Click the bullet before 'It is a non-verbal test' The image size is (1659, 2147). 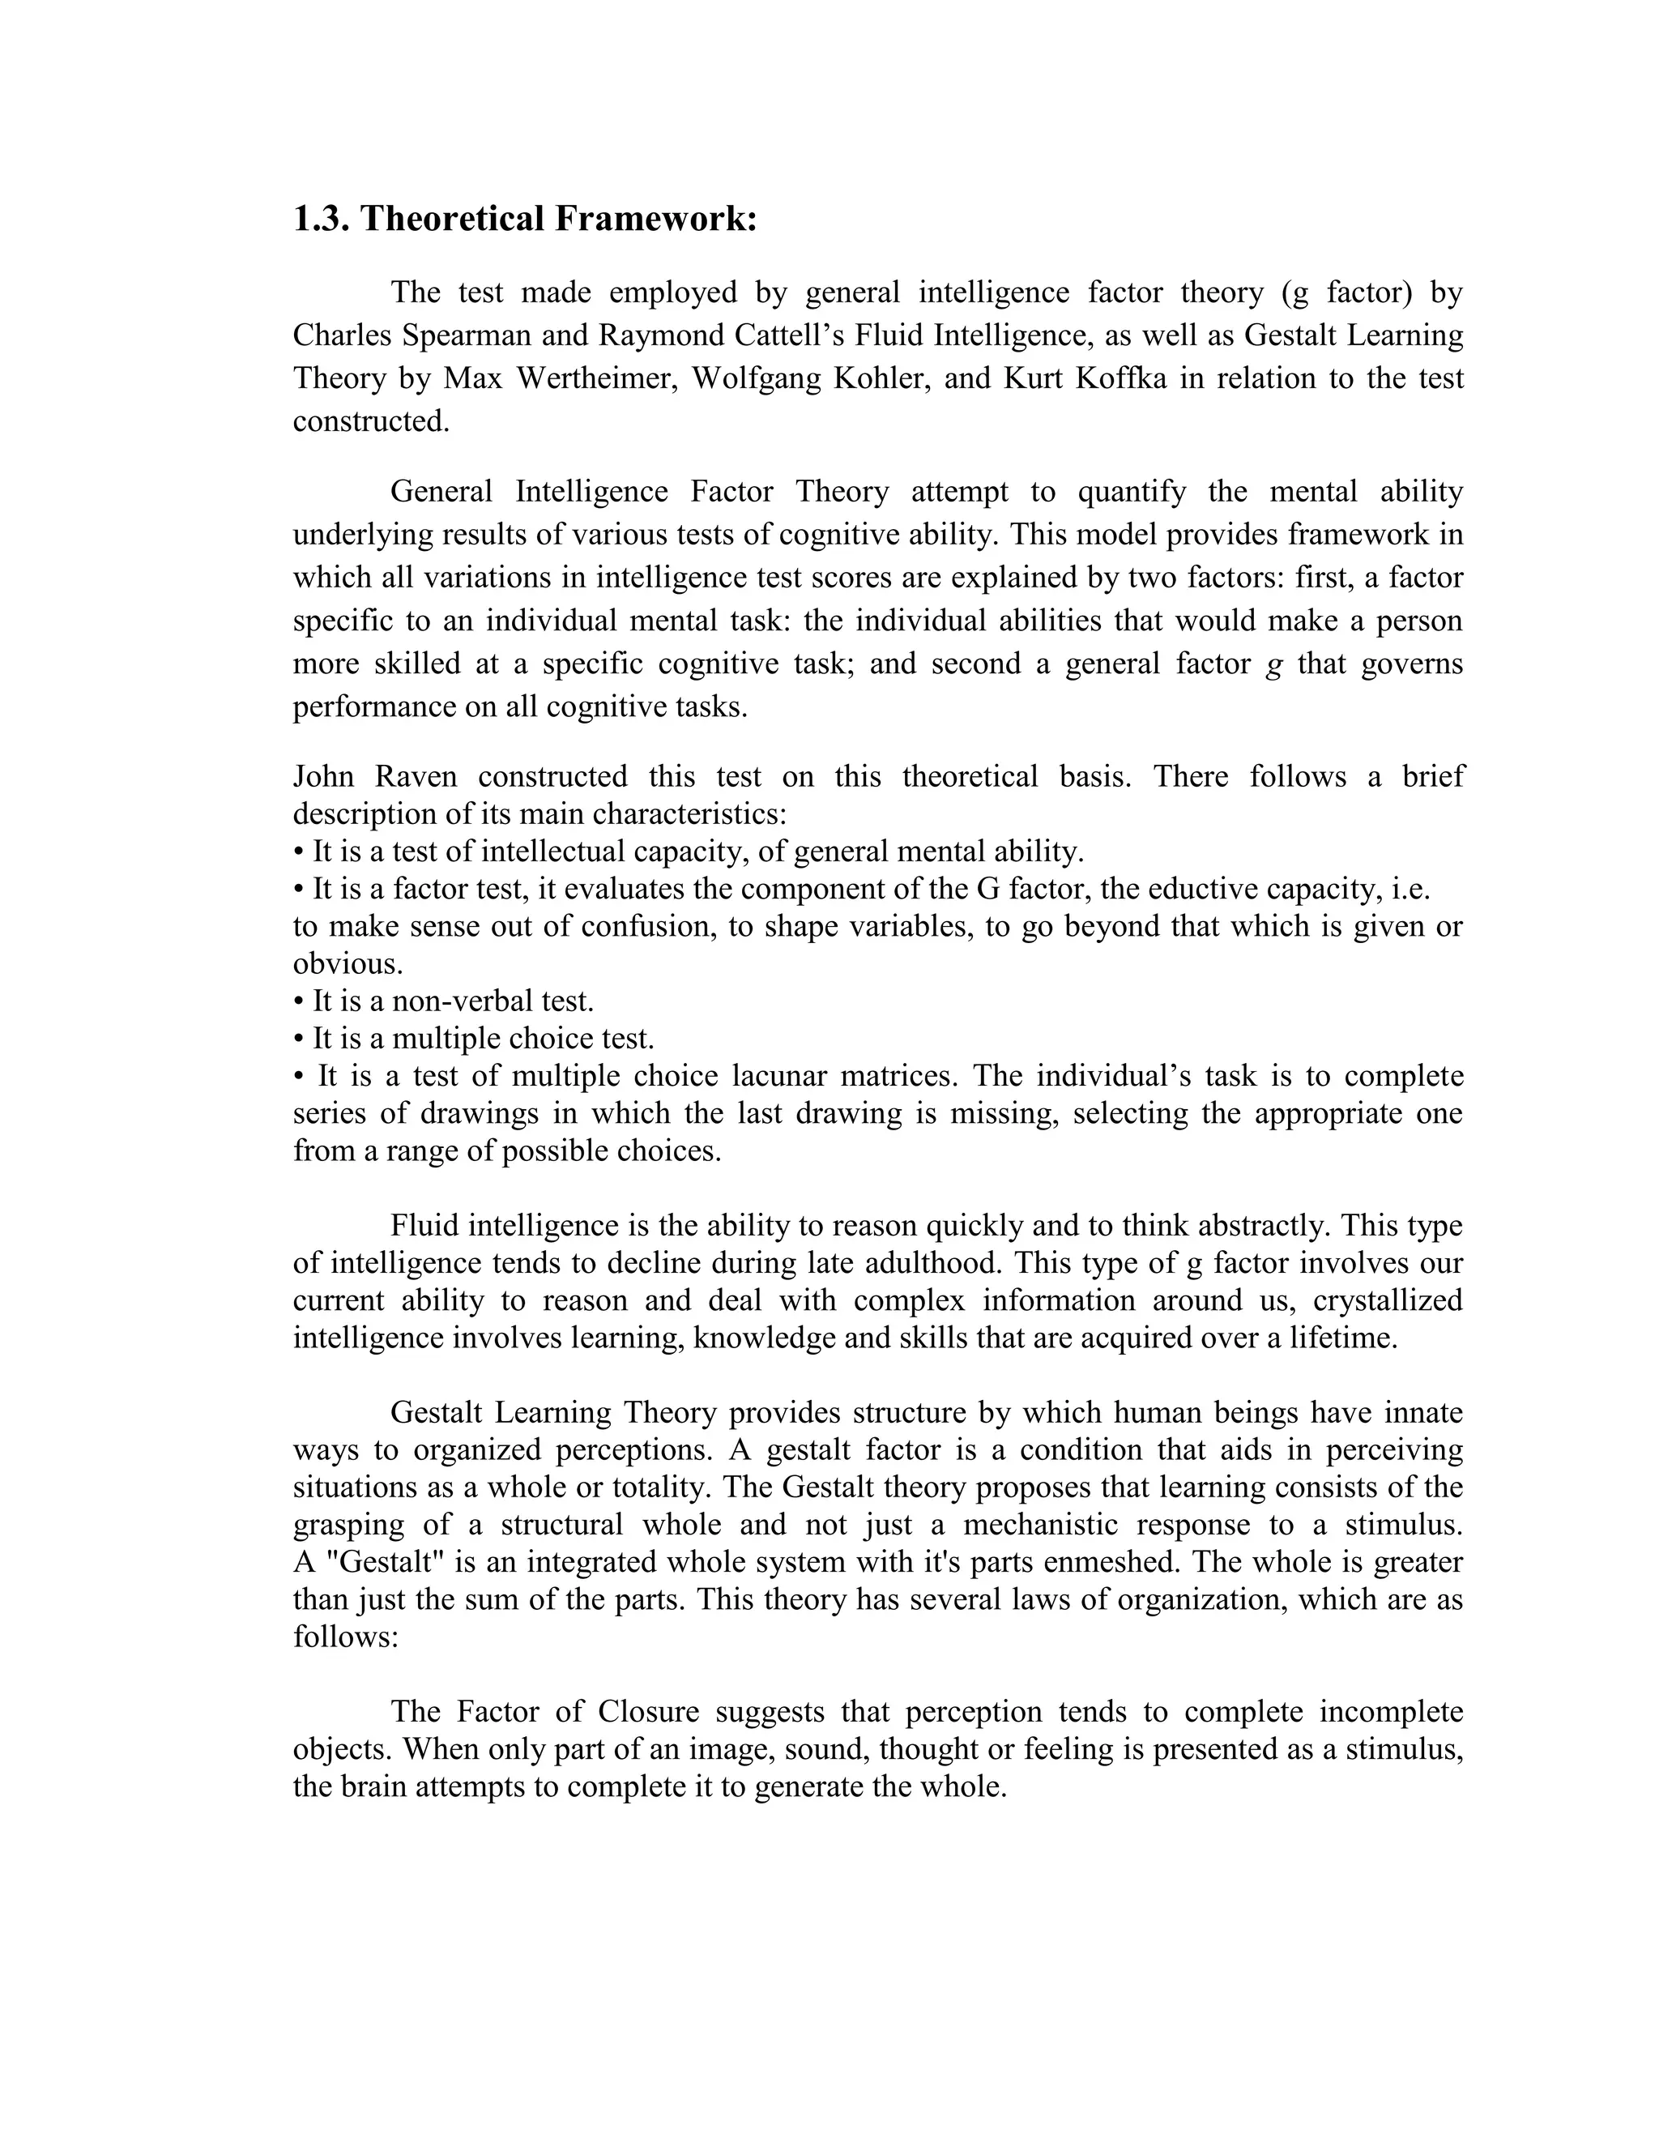tap(299, 1001)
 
